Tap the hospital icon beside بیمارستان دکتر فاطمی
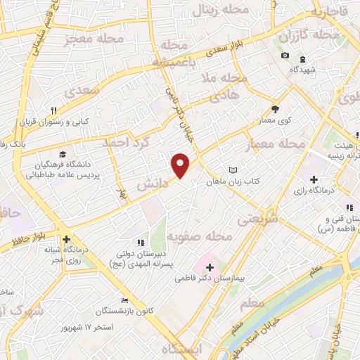click(x=210, y=267)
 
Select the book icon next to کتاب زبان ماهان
click(x=233, y=170)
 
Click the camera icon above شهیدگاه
click(x=285, y=55)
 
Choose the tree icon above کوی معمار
click(x=275, y=109)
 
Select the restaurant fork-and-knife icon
click(x=54, y=110)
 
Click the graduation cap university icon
click(x=63, y=154)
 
